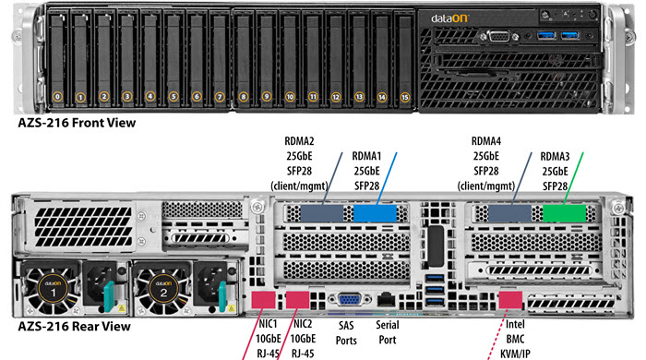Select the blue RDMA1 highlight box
click(375, 213)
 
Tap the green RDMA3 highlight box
click(564, 213)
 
